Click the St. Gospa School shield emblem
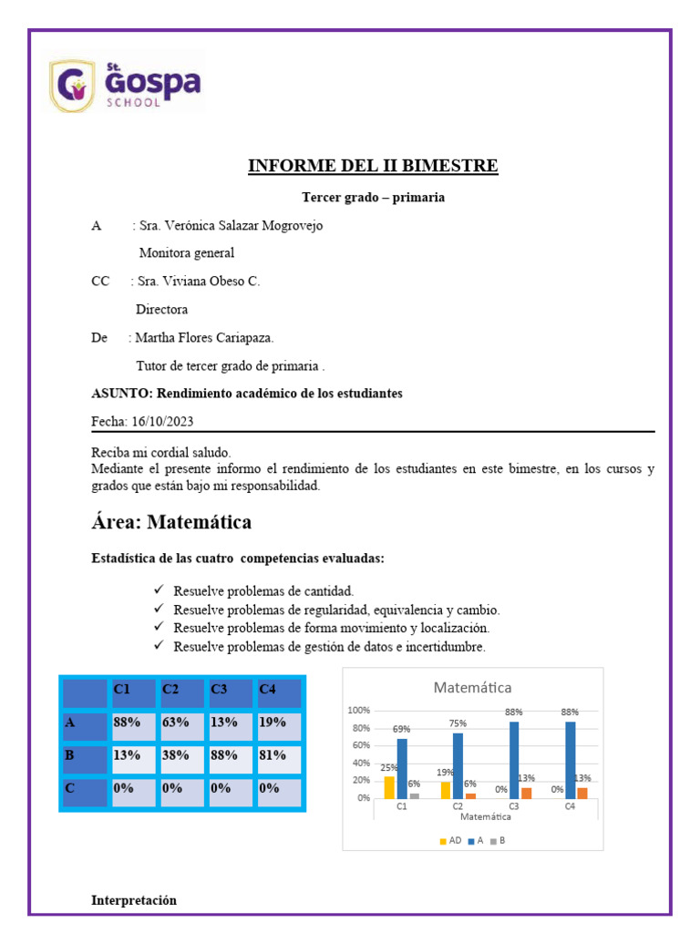coord(71,87)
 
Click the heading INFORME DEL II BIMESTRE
coord(374,166)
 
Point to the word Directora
coord(161,310)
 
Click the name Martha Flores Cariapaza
coord(204,338)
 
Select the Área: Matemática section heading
coord(171,523)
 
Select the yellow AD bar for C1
coord(389,786)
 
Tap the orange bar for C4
coord(582,793)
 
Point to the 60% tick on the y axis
coord(357,745)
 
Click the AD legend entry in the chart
coord(448,841)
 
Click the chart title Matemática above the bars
coord(472,687)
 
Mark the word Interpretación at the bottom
coord(134,900)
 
